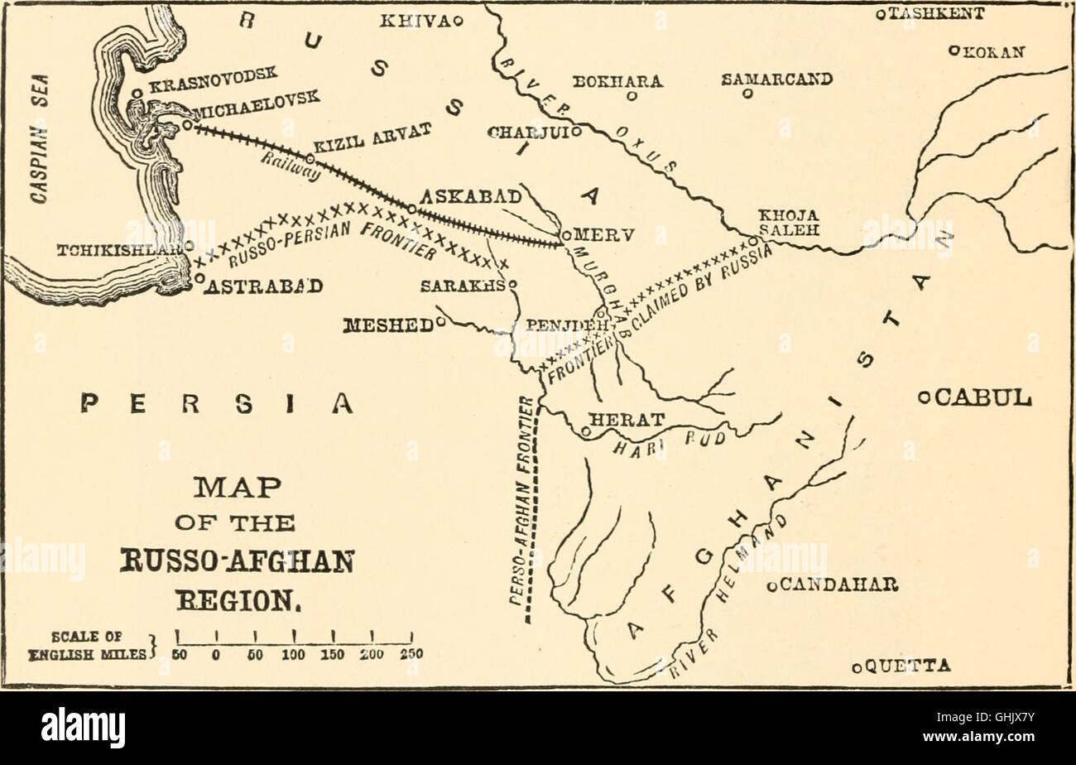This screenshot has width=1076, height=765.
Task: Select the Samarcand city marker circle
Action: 747,95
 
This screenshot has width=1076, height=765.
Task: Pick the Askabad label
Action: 471,197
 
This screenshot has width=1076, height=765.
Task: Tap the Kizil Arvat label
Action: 360,138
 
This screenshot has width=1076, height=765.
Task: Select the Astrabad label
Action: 263,286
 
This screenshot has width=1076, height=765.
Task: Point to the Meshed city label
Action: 387,323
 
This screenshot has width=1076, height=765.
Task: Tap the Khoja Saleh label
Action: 789,222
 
